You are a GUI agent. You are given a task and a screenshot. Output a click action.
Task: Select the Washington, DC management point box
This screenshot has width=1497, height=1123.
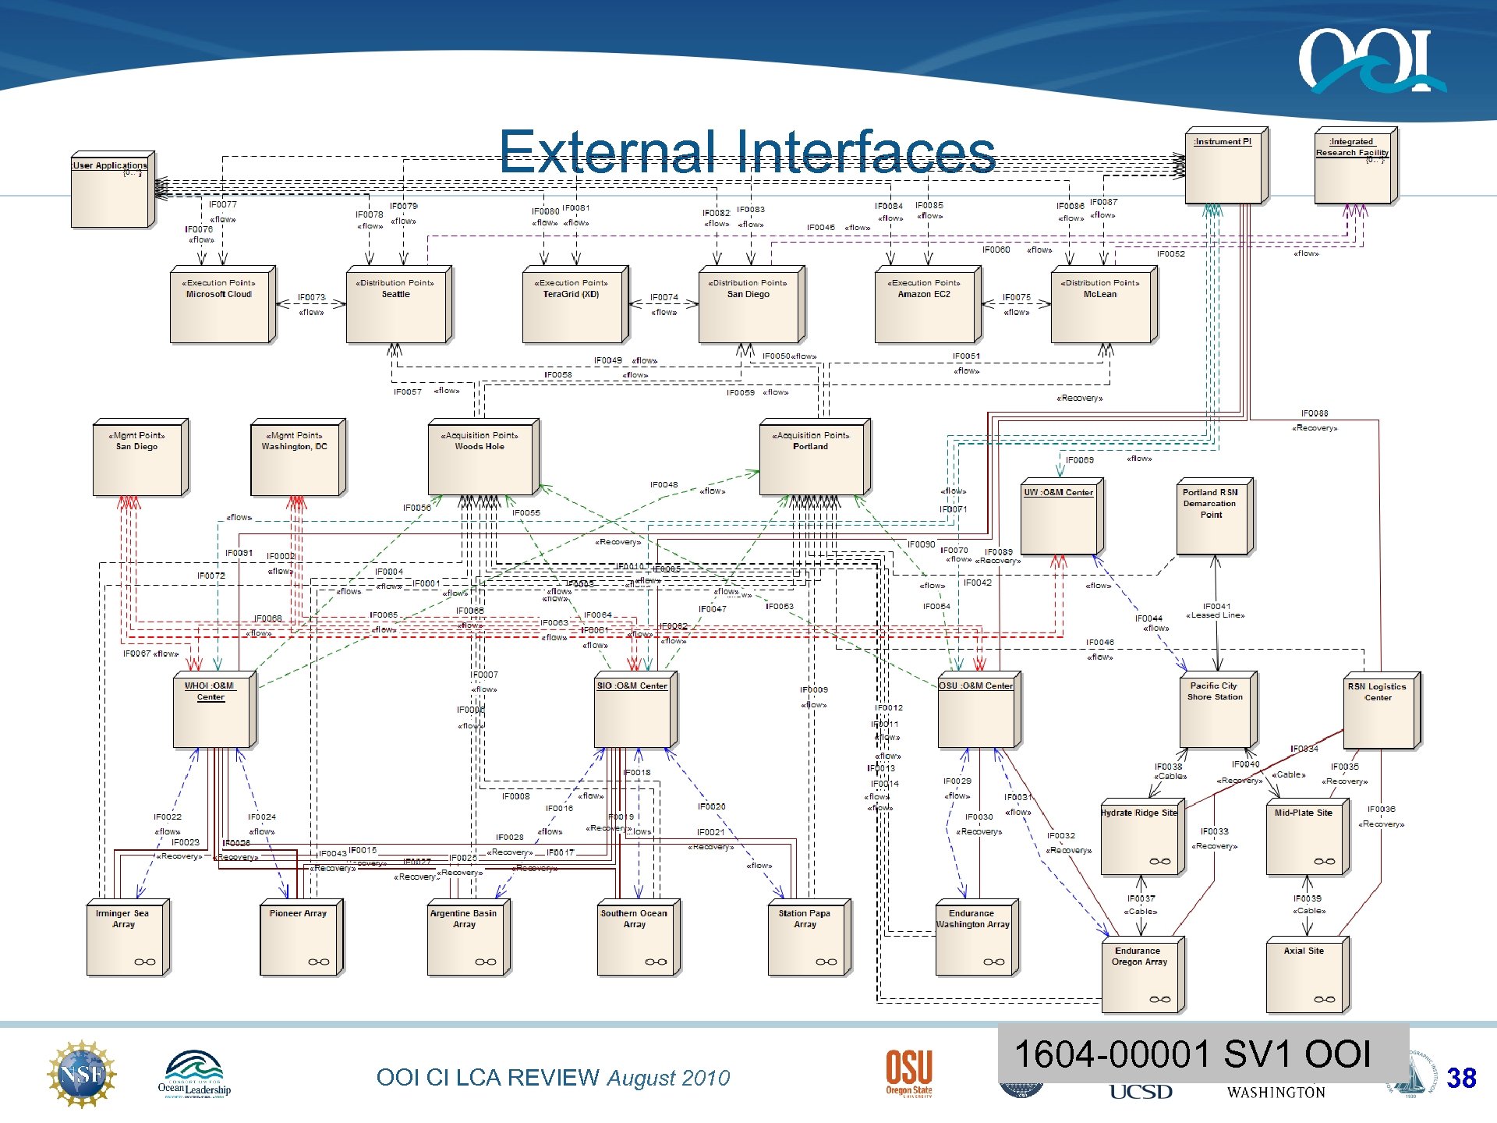point(297,458)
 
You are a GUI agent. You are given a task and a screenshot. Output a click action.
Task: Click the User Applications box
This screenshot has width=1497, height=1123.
point(112,190)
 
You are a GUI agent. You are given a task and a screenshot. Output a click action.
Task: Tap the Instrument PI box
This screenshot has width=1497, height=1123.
point(1225,166)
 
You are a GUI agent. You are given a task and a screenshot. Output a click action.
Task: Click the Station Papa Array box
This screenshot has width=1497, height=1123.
point(809,938)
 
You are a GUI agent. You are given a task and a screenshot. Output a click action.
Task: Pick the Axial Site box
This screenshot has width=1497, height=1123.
point(1307,976)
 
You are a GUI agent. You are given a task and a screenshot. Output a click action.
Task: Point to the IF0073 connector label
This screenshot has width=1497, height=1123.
point(311,297)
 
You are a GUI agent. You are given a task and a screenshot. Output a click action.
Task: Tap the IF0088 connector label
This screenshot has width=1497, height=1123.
point(1315,413)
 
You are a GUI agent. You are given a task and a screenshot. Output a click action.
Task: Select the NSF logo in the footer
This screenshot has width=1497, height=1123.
point(82,1074)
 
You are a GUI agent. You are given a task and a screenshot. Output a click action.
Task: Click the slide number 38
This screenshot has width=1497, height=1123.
point(1461,1079)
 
